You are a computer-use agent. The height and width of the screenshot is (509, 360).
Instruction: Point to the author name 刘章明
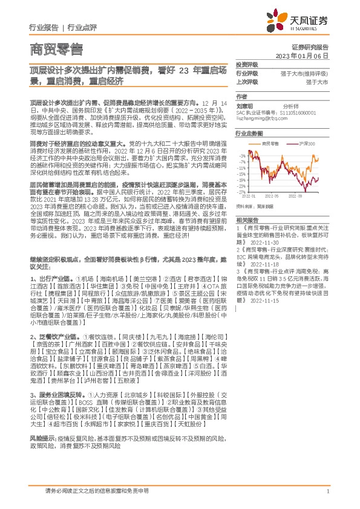pyautogui.click(x=245, y=104)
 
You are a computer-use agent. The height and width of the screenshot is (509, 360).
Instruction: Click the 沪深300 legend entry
pyautogui.click(x=308, y=143)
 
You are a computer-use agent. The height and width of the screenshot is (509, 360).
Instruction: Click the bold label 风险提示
pyautogui.click(x=41, y=453)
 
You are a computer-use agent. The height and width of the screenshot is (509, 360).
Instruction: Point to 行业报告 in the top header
pyautogui.click(x=44, y=28)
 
